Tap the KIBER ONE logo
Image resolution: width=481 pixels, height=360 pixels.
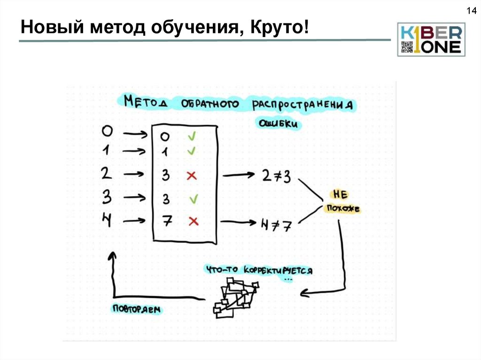point(431,39)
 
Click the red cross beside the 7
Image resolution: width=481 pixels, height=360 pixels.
point(193,221)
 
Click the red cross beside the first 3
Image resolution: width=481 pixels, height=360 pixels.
point(191,176)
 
